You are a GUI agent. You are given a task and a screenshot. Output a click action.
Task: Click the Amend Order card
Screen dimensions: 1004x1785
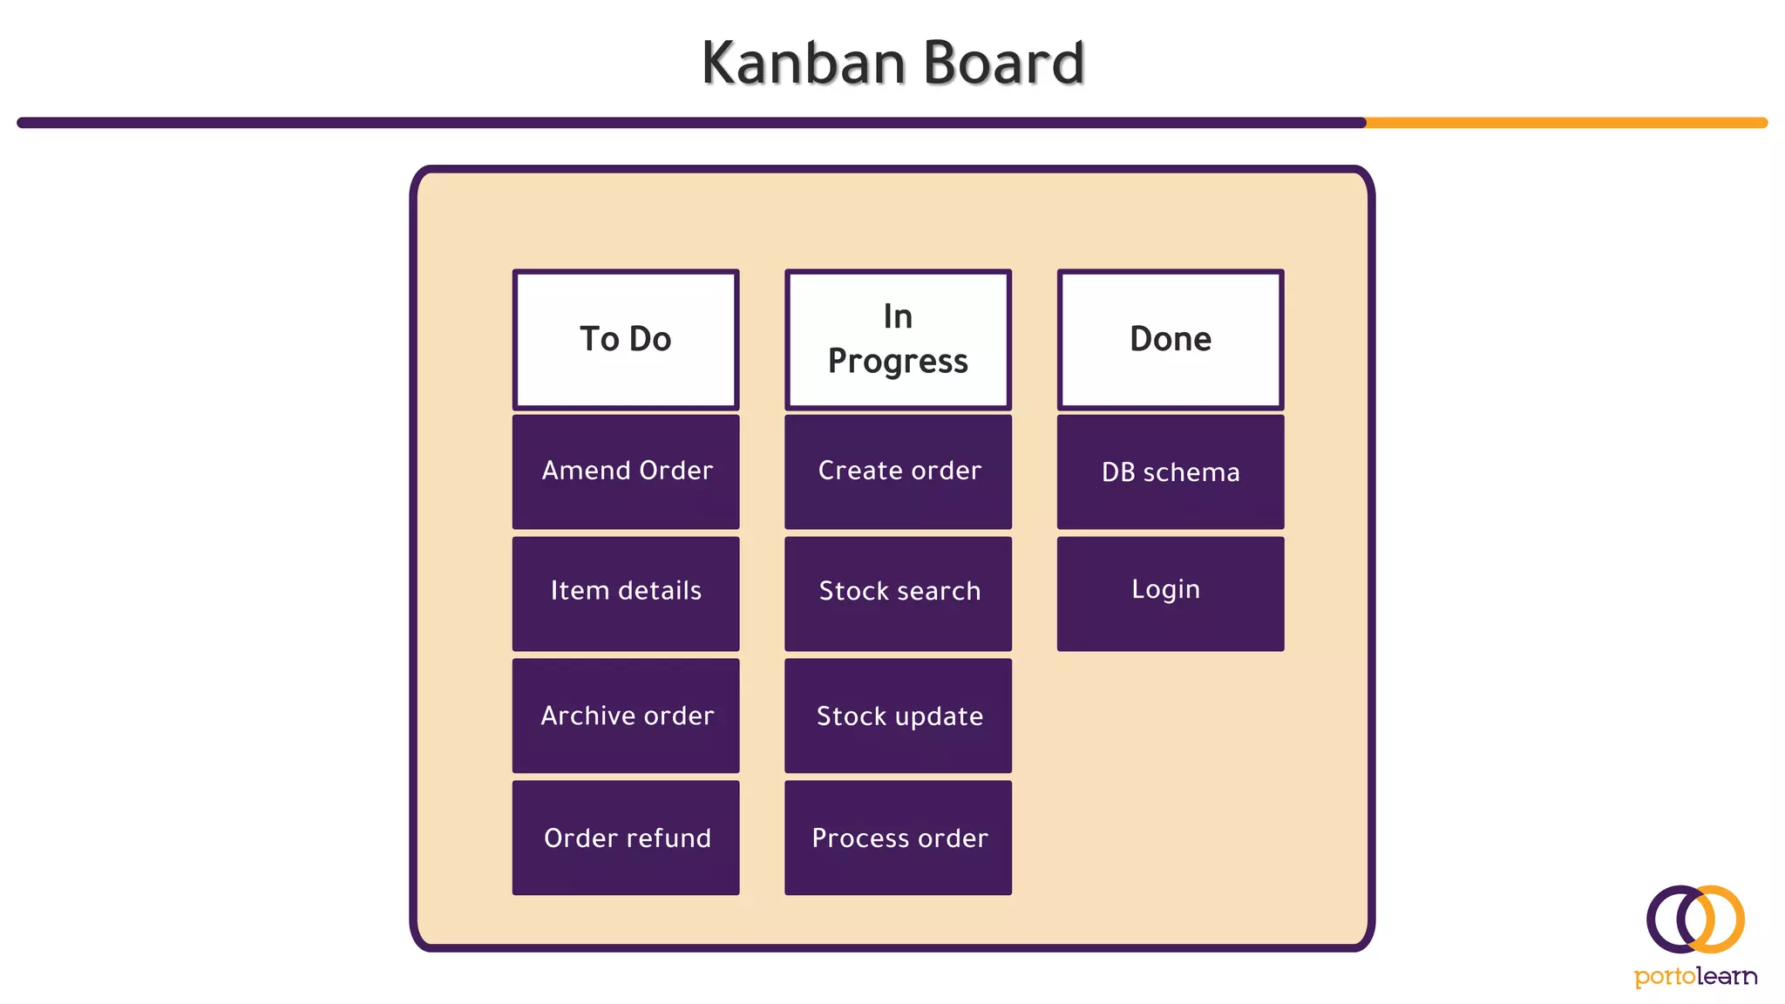click(626, 471)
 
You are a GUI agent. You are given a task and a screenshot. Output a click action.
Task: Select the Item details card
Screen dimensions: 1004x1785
click(626, 594)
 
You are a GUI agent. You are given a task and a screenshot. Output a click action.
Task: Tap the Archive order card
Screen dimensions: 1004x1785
click(626, 716)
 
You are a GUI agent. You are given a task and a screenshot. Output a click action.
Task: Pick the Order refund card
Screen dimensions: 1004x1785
click(626, 838)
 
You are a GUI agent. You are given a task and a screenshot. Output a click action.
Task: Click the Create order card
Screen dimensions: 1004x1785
click(898, 471)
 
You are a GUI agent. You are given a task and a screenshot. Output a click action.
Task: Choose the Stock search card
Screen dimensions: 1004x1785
click(898, 594)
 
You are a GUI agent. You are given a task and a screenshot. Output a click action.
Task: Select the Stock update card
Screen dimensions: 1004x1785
click(898, 716)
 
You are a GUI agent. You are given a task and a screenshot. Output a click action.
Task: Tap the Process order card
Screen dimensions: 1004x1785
click(898, 838)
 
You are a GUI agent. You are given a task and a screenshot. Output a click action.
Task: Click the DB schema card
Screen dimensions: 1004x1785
click(1171, 471)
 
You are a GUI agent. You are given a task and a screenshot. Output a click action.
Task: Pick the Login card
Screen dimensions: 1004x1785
click(1171, 594)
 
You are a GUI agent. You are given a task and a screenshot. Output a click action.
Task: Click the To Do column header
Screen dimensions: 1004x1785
click(626, 340)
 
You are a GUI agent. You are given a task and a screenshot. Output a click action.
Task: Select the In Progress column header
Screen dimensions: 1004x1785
click(898, 340)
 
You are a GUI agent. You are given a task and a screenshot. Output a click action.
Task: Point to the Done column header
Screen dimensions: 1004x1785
click(1171, 340)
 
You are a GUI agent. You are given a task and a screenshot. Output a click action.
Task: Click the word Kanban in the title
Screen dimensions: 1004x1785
click(804, 64)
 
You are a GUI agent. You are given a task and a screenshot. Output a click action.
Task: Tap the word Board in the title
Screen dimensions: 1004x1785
click(1003, 64)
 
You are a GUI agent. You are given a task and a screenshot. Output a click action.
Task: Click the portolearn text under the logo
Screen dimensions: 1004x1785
click(1695, 976)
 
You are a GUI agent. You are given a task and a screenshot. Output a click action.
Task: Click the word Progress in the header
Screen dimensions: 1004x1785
click(898, 362)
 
